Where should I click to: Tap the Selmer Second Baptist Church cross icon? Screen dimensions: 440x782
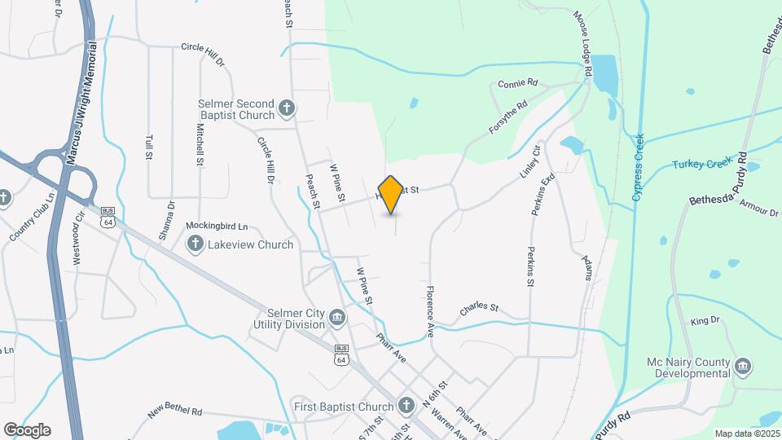pyautogui.click(x=286, y=108)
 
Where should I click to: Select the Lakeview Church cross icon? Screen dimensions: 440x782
pyautogui.click(x=195, y=244)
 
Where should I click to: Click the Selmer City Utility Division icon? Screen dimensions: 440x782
pyautogui.click(x=338, y=316)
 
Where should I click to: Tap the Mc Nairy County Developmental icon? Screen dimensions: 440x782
pyautogui.click(x=742, y=366)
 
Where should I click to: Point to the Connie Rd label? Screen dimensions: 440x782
pyautogui.click(x=518, y=84)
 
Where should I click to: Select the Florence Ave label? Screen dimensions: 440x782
pyautogui.click(x=429, y=311)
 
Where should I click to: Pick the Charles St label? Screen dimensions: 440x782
pyautogui.click(x=478, y=307)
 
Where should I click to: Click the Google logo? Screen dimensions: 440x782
pyautogui.click(x=27, y=429)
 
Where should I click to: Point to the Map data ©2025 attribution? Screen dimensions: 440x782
pyautogui.click(x=746, y=433)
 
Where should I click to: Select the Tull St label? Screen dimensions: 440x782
pyautogui.click(x=149, y=147)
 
